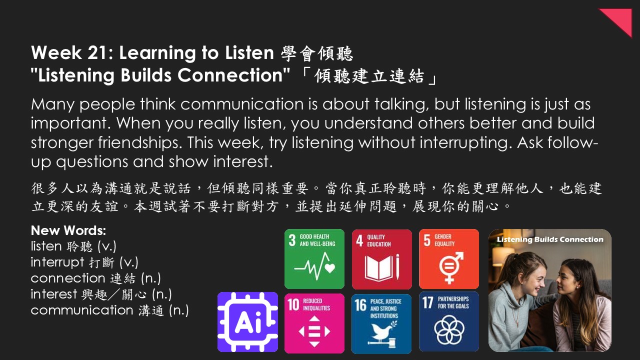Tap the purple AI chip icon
click(247, 322)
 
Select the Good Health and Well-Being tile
click(314, 259)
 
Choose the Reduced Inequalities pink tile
click(314, 323)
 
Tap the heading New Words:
click(68, 230)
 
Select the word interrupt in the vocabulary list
click(57, 262)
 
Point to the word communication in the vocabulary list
click(82, 310)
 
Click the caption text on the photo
click(550, 239)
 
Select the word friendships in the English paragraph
click(139, 142)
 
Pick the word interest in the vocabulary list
click(54, 294)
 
